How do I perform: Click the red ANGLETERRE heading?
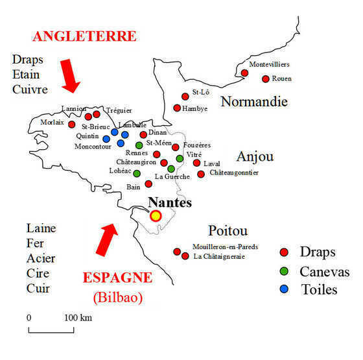(85, 35)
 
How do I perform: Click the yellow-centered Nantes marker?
(156, 215)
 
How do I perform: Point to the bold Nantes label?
(170, 202)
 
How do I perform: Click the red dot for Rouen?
(265, 78)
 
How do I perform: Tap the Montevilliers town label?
(269, 64)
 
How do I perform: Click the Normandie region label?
(253, 102)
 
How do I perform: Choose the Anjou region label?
(255, 157)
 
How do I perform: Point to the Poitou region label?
(228, 231)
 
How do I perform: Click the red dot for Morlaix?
(72, 124)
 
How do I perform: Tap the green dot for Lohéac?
(137, 173)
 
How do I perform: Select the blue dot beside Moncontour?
(106, 138)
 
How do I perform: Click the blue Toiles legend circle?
(283, 289)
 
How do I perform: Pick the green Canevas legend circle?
(283, 270)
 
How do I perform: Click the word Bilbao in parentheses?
(117, 298)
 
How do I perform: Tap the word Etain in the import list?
(26, 74)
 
